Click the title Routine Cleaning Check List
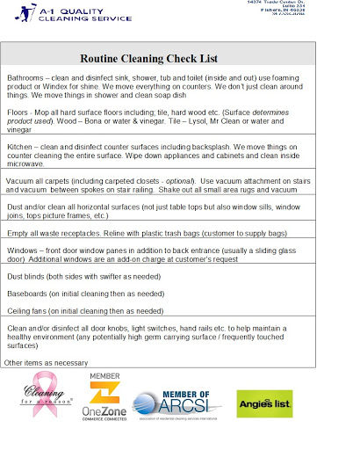click(160, 58)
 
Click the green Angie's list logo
click(263, 403)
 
